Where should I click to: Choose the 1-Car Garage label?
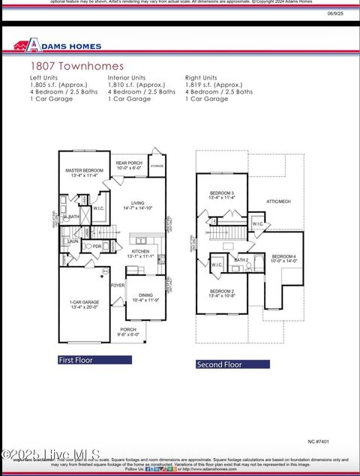click(84, 304)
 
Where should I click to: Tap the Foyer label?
click(118, 285)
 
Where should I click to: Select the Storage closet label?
click(157, 166)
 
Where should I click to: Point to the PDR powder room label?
click(97, 246)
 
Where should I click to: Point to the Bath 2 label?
click(241, 260)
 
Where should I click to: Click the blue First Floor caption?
click(94, 360)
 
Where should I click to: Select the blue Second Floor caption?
click(232, 364)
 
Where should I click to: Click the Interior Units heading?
click(127, 78)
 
